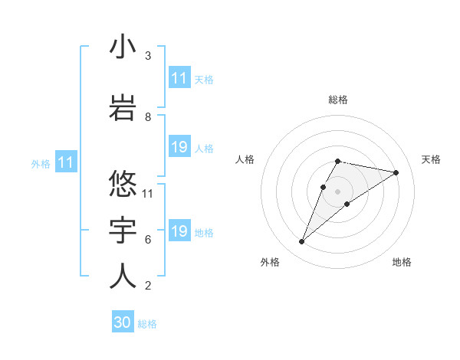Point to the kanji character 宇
coord(123,230)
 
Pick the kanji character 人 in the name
coord(123,276)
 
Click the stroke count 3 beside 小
coord(148,56)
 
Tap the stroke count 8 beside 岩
coord(148,116)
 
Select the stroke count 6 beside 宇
coord(148,239)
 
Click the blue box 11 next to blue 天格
coord(179,78)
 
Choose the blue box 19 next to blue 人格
coord(179,147)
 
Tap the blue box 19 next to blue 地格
coord(179,231)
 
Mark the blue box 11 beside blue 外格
coord(65,162)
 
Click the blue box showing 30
coord(123,323)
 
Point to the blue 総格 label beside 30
coord(147,324)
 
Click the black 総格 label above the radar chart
coord(338,100)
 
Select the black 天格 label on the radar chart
coord(431,159)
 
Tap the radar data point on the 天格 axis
coord(396,172)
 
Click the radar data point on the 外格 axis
coord(302,242)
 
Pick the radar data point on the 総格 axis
coord(338,161)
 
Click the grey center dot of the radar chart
coord(338,191)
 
